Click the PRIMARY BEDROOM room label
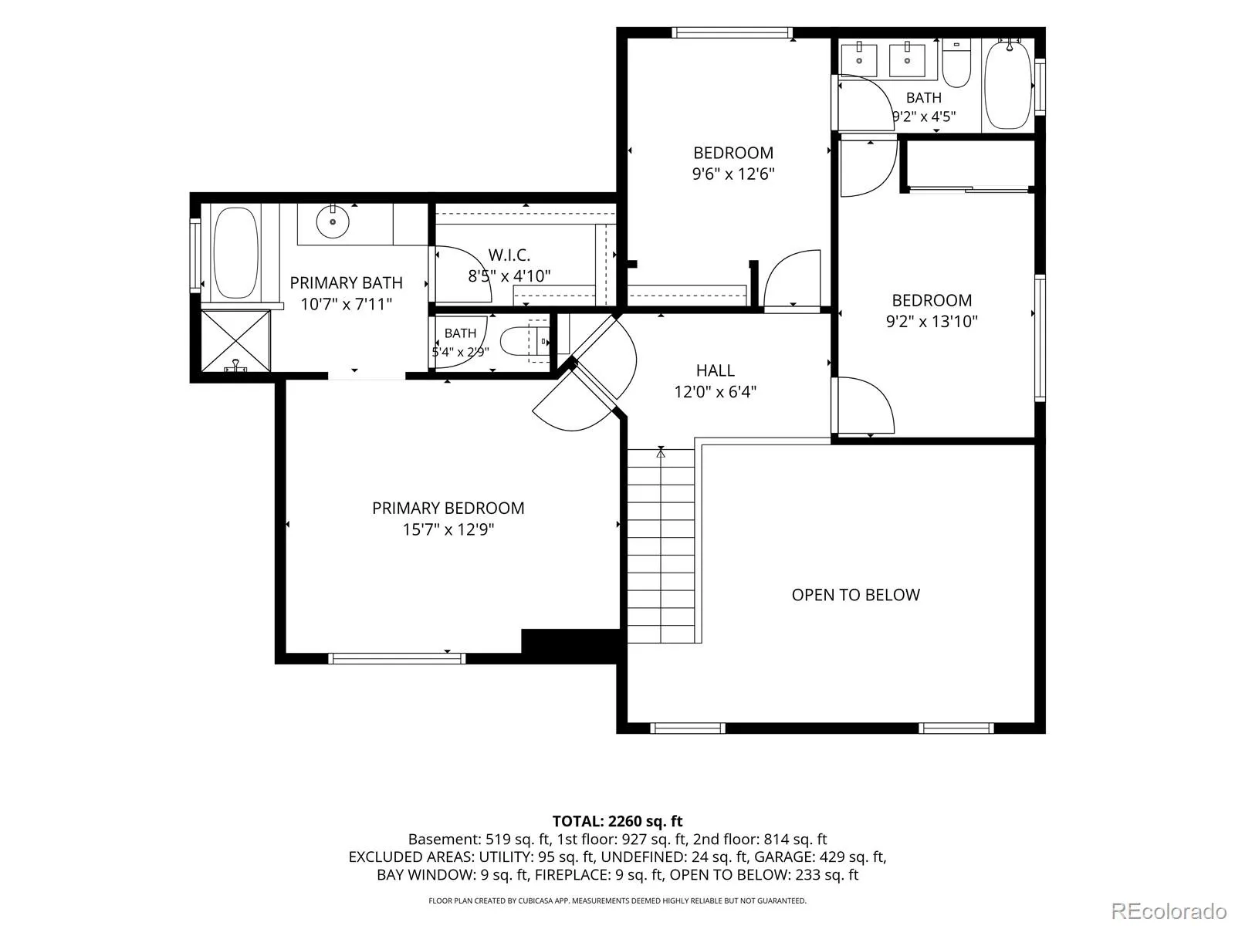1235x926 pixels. pyautogui.click(x=448, y=509)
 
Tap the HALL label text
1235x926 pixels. pyautogui.click(x=715, y=370)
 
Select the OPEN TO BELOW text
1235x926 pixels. pyautogui.click(x=855, y=595)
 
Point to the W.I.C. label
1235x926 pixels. pyautogui.click(x=509, y=255)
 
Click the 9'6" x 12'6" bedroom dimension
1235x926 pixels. pyautogui.click(x=733, y=174)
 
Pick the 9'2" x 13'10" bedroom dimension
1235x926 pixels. pyautogui.click(x=932, y=321)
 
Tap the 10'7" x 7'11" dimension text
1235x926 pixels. pyautogui.click(x=346, y=304)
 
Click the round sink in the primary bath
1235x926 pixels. pyautogui.click(x=333, y=221)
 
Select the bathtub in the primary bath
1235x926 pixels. pyautogui.click(x=236, y=252)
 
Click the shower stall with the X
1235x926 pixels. pyautogui.click(x=235, y=341)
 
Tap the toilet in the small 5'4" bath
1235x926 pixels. pyautogui.click(x=524, y=342)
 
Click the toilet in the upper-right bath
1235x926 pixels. pyautogui.click(x=956, y=63)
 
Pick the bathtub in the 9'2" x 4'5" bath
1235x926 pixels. pyautogui.click(x=1008, y=84)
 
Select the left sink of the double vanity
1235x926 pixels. pyautogui.click(x=859, y=59)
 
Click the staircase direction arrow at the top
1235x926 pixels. pyautogui.click(x=661, y=452)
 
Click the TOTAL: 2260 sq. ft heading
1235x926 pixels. pyautogui.click(x=617, y=821)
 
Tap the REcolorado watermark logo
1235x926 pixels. pyautogui.click(x=1169, y=911)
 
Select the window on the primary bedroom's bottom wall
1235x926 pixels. pyautogui.click(x=397, y=658)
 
